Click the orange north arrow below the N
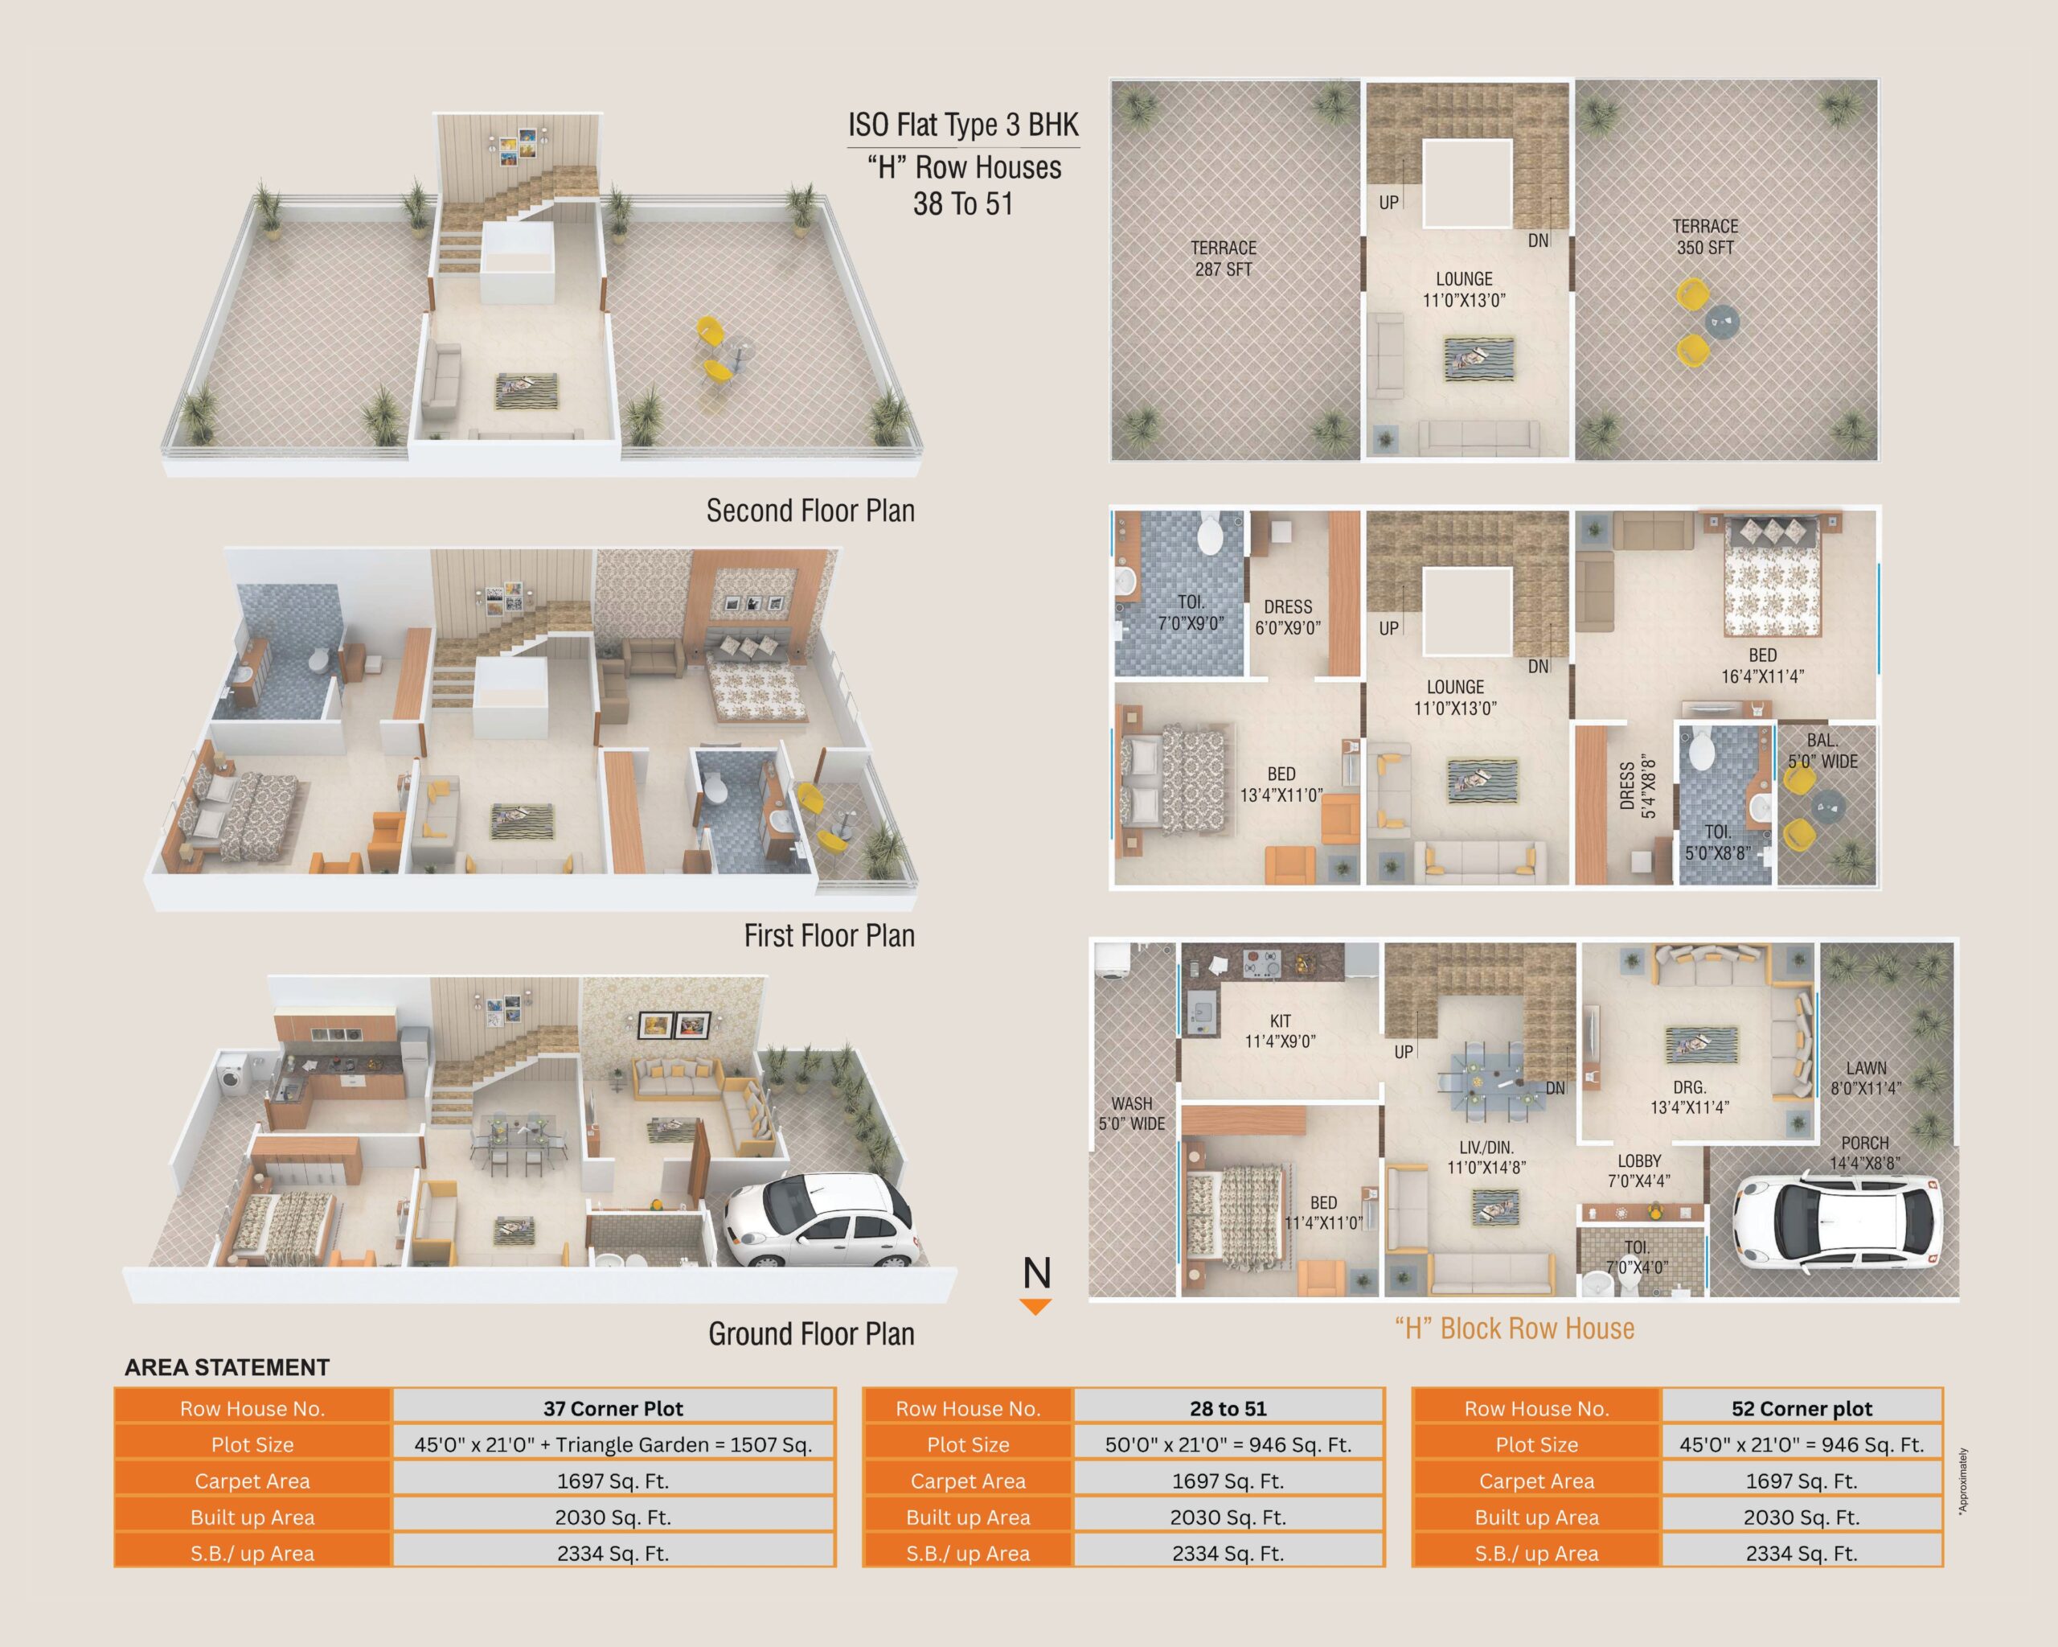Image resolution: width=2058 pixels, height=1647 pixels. [x=1035, y=1306]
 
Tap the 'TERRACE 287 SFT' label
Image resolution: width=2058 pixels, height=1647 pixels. [x=1224, y=259]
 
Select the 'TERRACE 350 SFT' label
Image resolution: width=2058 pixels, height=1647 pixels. [x=1705, y=236]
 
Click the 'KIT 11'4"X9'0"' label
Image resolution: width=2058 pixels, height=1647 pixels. [x=1280, y=1031]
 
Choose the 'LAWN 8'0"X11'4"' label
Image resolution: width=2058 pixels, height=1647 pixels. [x=1866, y=1078]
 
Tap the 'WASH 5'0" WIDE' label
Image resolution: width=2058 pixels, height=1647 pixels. [x=1132, y=1113]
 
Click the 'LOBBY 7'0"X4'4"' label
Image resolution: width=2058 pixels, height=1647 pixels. [x=1639, y=1171]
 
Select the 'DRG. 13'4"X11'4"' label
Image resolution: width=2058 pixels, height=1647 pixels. [x=1690, y=1097]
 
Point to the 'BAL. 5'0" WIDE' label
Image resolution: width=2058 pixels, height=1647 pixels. [x=1823, y=750]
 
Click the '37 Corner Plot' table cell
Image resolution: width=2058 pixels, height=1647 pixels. [x=613, y=1408]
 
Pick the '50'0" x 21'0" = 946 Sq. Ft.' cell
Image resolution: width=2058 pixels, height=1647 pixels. [x=1228, y=1444]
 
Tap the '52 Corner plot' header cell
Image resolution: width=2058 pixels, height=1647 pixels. [x=1802, y=1408]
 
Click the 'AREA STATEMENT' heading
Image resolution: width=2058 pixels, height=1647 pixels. [x=228, y=1367]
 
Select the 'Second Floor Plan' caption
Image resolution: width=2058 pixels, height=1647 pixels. [x=810, y=511]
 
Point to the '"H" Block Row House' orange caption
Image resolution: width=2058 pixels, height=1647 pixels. [x=1515, y=1328]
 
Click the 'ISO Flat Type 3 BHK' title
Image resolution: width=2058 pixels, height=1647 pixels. [x=963, y=125]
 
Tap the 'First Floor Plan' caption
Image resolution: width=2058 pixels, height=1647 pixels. [x=830, y=936]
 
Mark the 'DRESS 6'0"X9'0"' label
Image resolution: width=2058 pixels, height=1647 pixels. [x=1288, y=617]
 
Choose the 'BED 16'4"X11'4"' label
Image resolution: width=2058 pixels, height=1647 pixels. [x=1762, y=666]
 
